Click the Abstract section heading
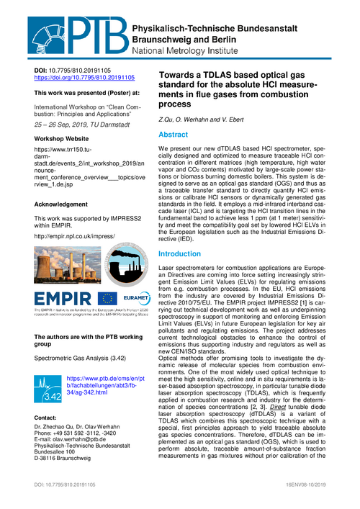tap(173, 135)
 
